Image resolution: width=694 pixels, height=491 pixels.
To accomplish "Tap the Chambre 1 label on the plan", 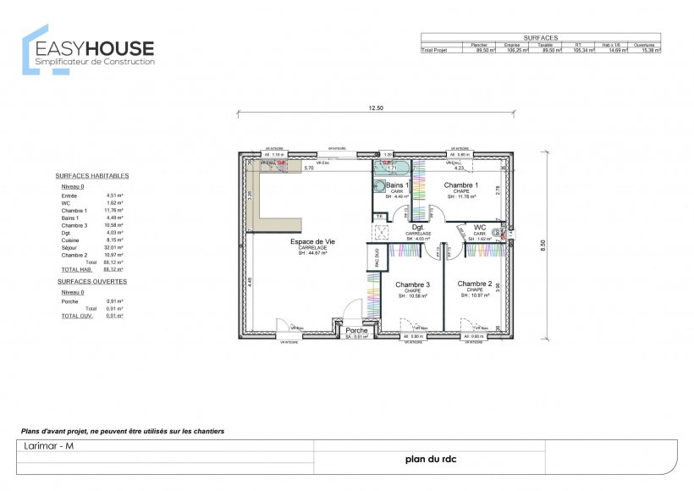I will (x=461, y=185).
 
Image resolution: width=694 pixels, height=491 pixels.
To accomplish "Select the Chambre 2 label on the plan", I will (x=475, y=284).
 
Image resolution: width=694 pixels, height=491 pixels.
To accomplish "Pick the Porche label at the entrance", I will (x=356, y=330).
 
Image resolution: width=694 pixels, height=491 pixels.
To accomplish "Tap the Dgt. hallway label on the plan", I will (x=417, y=227).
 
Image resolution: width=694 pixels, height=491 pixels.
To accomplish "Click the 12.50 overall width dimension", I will (x=376, y=108).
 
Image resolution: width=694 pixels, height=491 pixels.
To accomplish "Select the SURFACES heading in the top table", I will (x=541, y=38).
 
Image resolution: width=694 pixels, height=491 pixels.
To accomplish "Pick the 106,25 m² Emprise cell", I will (x=517, y=51).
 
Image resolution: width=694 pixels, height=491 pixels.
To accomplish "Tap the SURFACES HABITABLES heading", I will (x=92, y=175).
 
